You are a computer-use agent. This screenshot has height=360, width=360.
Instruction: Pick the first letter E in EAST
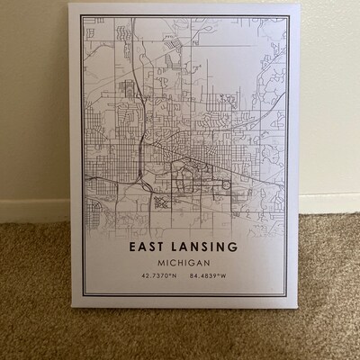[132, 245]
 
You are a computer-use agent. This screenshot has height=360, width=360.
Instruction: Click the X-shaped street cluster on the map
[162, 202]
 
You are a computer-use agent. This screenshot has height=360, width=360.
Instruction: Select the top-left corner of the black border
[81, 13]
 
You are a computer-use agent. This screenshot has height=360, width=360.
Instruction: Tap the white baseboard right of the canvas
[328, 202]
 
